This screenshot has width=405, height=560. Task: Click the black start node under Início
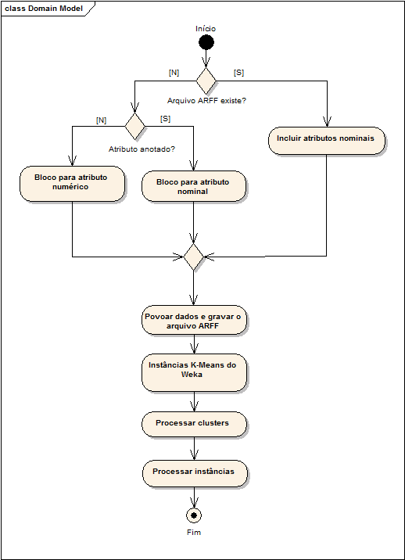point(206,42)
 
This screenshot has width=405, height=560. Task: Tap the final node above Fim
point(194,515)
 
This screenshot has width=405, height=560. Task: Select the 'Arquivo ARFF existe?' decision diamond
point(206,81)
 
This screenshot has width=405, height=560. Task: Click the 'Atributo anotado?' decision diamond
point(135,126)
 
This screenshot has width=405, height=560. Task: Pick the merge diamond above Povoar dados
point(194,257)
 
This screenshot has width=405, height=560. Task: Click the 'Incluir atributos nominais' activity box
point(327,141)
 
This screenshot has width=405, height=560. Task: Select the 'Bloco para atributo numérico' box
point(72,184)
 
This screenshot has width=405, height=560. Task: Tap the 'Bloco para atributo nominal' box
point(194,186)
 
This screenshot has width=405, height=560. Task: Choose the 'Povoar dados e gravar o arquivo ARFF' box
point(194,320)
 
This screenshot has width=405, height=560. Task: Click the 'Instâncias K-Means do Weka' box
point(194,372)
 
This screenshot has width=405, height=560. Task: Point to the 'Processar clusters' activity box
point(194,424)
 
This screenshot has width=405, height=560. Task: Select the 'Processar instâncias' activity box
point(195,473)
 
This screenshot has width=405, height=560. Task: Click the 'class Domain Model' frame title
point(44,9)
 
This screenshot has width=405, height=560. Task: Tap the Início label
point(206,29)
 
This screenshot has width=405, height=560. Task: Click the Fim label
point(194,532)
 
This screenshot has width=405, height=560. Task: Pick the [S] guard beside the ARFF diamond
point(238,73)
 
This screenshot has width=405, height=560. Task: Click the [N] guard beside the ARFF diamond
point(174,73)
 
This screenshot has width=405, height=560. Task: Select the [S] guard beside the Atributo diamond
point(165,119)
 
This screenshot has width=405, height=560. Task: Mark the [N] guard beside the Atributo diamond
point(102,120)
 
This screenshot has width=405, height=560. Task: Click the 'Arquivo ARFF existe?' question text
point(206,101)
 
